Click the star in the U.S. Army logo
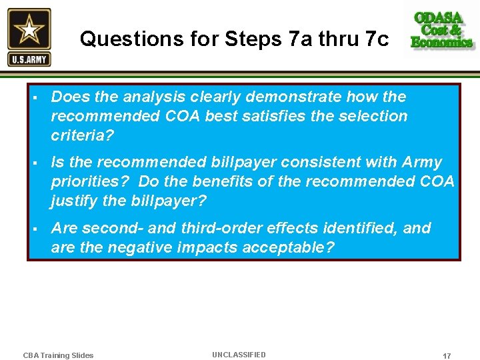pyautogui.click(x=29, y=30)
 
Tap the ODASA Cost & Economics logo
pyautogui.click(x=442, y=31)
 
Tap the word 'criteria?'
pyautogui.click(x=83, y=135)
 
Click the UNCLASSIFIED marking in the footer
pyautogui.click(x=239, y=355)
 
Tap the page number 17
pyautogui.click(x=447, y=356)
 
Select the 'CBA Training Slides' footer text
pyautogui.click(x=58, y=355)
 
